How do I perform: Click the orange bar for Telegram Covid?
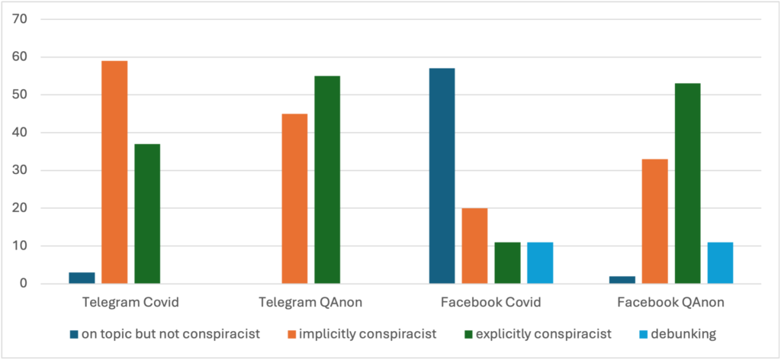[114, 172]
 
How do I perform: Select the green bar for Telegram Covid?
[147, 214]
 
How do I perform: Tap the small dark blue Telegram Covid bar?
[82, 278]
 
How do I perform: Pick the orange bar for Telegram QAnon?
[294, 198]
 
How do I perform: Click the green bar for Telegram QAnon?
[327, 180]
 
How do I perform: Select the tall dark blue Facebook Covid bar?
[442, 176]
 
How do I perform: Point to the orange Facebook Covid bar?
[474, 246]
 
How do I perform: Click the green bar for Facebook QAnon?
[687, 184]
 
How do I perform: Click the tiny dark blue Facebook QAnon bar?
[622, 280]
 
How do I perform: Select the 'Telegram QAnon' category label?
[311, 302]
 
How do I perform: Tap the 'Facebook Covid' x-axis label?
[491, 302]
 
